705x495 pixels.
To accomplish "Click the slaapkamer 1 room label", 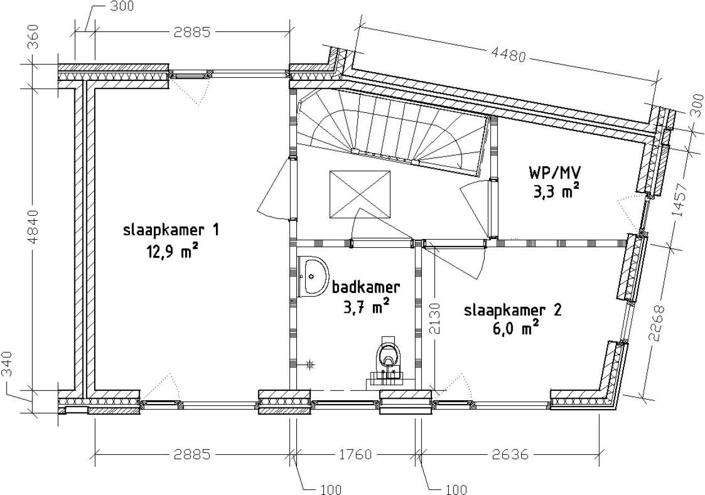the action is click(x=171, y=230).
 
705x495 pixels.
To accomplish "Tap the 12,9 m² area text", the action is click(x=172, y=251).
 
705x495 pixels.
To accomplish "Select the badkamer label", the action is click(x=366, y=287).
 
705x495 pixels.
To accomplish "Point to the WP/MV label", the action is click(x=555, y=172).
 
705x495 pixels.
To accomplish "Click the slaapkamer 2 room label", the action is click(x=513, y=311).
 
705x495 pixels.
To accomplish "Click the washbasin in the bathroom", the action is click(x=313, y=276).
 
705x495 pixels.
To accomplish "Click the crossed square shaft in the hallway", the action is click(x=360, y=194).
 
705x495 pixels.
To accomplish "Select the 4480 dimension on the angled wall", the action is click(x=508, y=56).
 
